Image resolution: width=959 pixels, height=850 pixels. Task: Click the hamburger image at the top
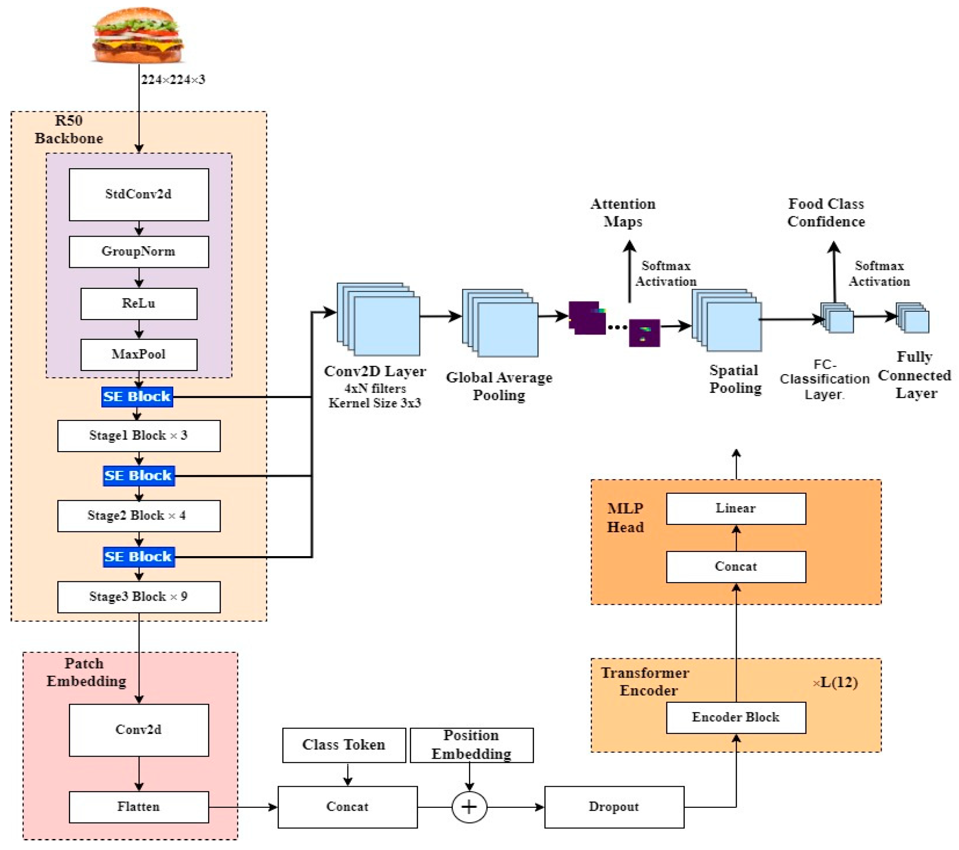(138, 35)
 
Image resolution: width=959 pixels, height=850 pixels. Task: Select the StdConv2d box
(139, 194)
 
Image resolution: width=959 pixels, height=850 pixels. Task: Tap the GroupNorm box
(139, 252)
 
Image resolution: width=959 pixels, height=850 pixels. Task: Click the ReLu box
(139, 304)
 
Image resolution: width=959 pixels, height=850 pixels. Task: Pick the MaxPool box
(139, 355)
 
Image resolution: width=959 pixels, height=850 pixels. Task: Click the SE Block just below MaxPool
(137, 397)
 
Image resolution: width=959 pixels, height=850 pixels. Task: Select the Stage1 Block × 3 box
(139, 436)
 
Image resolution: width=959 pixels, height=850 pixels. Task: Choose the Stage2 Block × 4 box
(139, 516)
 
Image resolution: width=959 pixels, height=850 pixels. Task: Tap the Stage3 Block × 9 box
(139, 597)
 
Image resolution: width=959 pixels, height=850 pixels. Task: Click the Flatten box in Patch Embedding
(139, 807)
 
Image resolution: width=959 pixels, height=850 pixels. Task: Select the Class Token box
(344, 745)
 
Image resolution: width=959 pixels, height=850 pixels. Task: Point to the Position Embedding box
(472, 745)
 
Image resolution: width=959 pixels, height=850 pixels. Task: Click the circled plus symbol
(469, 807)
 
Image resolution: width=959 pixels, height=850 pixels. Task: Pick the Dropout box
(614, 807)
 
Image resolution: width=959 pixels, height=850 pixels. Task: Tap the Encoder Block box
(736, 718)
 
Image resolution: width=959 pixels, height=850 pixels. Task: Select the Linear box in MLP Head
(736, 509)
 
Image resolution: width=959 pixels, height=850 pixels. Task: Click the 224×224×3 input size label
(173, 80)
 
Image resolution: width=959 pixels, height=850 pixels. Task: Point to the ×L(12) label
(836, 683)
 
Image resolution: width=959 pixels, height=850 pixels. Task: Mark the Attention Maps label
(623, 213)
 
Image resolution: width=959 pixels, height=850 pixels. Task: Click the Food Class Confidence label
(826, 213)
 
